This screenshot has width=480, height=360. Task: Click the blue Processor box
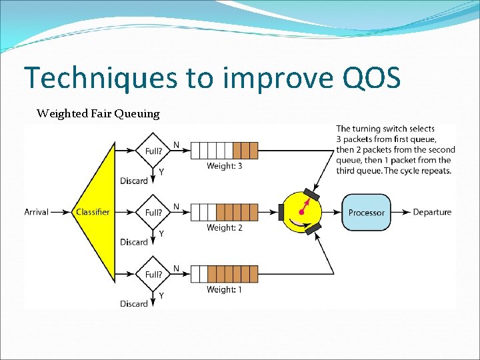pyautogui.click(x=366, y=212)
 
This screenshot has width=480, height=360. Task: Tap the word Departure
pyautogui.click(x=432, y=212)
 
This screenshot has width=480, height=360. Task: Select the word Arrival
pyautogui.click(x=36, y=212)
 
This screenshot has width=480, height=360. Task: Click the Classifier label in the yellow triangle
pyautogui.click(x=93, y=212)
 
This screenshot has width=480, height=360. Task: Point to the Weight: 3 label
pyautogui.click(x=224, y=166)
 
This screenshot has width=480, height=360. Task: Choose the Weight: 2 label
pyautogui.click(x=224, y=228)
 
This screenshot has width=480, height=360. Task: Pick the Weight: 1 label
pyautogui.click(x=224, y=289)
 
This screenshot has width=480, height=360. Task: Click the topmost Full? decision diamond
pyautogui.click(x=153, y=151)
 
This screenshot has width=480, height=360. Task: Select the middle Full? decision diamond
pyautogui.click(x=153, y=212)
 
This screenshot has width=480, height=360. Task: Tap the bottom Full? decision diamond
pyautogui.click(x=153, y=274)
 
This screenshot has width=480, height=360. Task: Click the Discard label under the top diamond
pyautogui.click(x=133, y=181)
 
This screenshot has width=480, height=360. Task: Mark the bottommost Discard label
pyautogui.click(x=133, y=304)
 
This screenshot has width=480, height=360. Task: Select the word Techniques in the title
pyautogui.click(x=101, y=78)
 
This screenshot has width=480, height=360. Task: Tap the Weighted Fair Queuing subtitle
pyautogui.click(x=98, y=113)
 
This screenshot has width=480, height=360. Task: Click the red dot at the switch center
pyautogui.click(x=301, y=212)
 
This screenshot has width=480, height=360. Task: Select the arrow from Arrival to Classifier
pyautogui.click(x=61, y=212)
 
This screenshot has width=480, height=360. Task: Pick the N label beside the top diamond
pyautogui.click(x=176, y=145)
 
